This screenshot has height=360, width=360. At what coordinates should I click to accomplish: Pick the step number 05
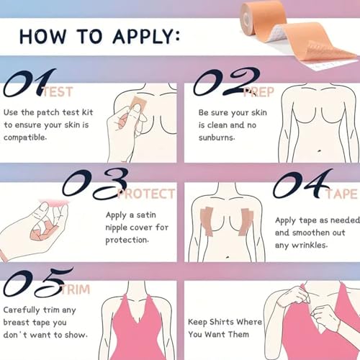click(x=36, y=282)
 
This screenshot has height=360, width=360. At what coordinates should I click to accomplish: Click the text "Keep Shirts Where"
click(x=225, y=322)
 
